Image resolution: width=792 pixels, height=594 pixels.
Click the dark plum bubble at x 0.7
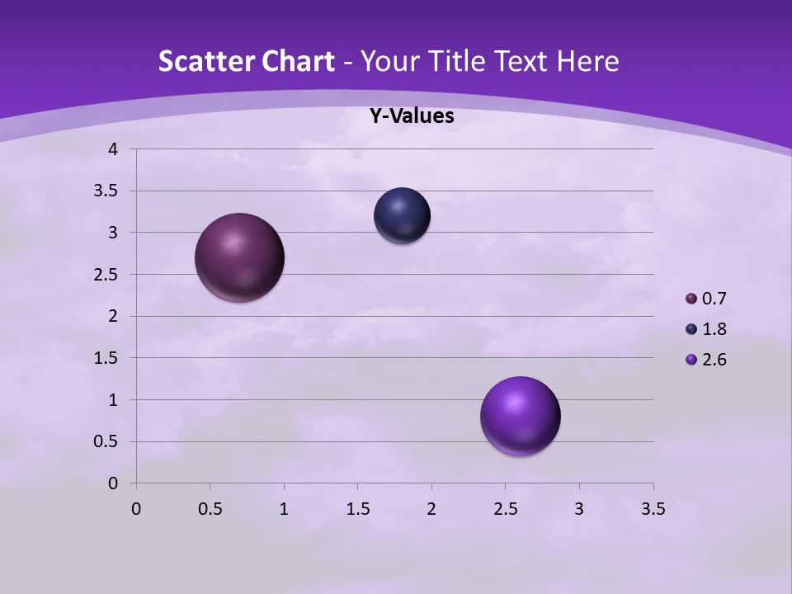240,257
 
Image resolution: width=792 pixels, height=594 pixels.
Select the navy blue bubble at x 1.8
402,215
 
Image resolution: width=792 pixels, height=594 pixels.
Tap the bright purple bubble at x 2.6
521,416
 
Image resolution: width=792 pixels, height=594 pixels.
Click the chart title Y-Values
411,116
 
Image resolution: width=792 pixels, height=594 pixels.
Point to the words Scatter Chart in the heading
246,61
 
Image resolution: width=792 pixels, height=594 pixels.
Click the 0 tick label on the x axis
136,509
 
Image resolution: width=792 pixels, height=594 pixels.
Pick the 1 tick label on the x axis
284,509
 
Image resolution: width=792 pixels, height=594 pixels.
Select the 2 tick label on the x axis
431,509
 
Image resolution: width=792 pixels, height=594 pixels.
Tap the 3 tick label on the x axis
579,509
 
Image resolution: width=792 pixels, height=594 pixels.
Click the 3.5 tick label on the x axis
653,509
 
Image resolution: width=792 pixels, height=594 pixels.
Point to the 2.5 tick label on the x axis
505,509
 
